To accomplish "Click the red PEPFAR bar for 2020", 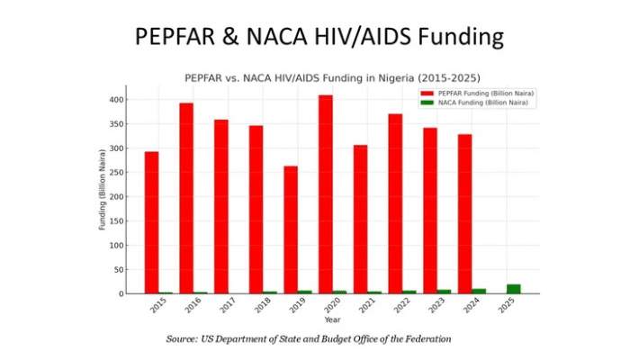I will [326, 194].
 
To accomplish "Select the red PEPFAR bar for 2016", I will [186, 198].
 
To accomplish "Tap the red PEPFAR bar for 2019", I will [291, 229].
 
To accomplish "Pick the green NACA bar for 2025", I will [513, 289].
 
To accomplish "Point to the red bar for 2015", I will [151, 222].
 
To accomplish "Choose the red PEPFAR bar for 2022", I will [395, 203].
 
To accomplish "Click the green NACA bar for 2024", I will [479, 291].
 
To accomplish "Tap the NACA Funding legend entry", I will [476, 103].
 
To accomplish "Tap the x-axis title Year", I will [333, 319].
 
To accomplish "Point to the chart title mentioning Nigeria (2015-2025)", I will [333, 77].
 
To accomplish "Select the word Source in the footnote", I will [184, 339].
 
